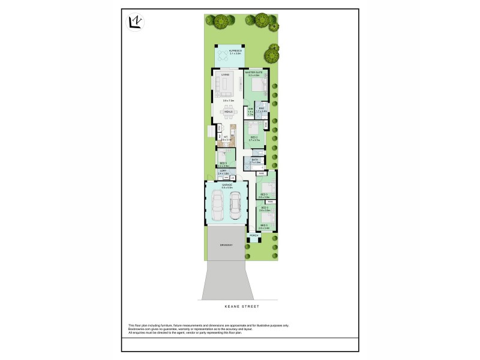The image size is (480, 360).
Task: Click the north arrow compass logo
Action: pos(136,21)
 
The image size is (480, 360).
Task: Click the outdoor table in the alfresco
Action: pos(226,58)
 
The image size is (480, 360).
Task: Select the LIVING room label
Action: pos(226,75)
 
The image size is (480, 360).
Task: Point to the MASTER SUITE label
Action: pos(253,74)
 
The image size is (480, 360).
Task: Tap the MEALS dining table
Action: pos(229,112)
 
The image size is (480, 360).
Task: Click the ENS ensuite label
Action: pos(262,110)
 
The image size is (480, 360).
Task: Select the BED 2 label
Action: pos(254,139)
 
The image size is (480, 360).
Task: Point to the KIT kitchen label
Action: pos(227,139)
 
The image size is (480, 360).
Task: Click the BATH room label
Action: pos(255,160)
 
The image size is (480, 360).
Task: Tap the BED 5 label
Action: pos(223,164)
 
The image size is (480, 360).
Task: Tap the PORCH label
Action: pos(254,236)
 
